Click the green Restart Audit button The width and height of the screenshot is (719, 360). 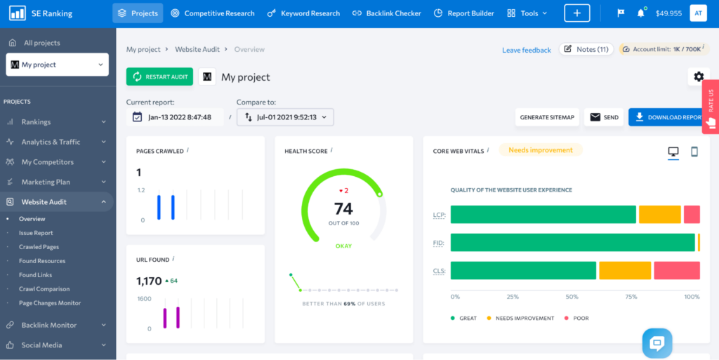(159, 76)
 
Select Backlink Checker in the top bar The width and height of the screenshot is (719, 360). (387, 13)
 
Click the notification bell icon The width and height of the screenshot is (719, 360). (640, 13)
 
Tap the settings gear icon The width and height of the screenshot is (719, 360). (698, 76)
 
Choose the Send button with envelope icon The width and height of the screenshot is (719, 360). (605, 117)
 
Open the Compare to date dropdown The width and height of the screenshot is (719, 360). (285, 117)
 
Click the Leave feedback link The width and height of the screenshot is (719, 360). (526, 50)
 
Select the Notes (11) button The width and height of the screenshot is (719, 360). (586, 50)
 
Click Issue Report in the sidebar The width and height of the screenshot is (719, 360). (36, 233)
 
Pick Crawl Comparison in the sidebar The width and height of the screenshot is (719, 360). (44, 289)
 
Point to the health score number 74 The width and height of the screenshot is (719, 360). (343, 208)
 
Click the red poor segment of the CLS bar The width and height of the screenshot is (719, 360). (676, 270)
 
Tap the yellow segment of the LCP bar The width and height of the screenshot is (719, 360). (659, 215)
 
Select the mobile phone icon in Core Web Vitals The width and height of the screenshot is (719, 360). (694, 152)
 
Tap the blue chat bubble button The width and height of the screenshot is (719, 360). (657, 343)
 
